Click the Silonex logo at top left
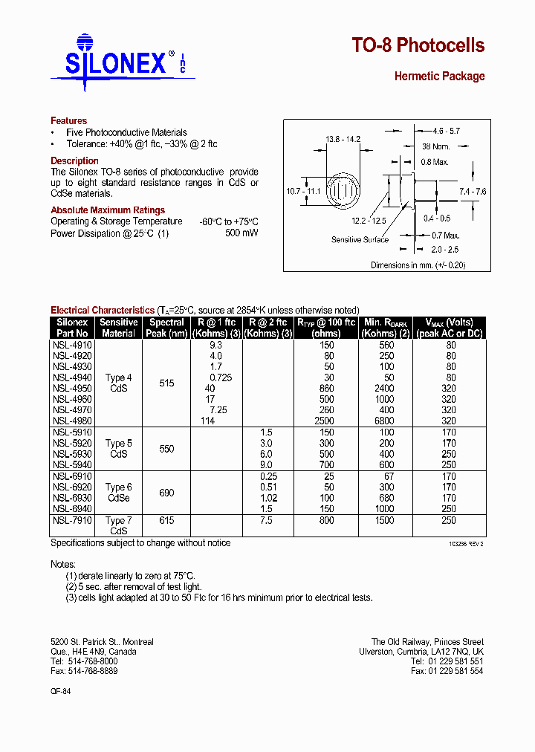[119, 62]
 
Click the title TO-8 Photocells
[418, 46]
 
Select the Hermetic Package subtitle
[439, 77]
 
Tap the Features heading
[68, 120]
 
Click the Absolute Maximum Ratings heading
[108, 210]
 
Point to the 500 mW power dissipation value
[241, 233]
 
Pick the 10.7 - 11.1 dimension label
[303, 192]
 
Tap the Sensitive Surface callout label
[360, 240]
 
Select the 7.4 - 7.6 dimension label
[472, 192]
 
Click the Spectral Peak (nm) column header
[166, 328]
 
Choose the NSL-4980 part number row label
[72, 421]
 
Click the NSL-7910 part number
[72, 521]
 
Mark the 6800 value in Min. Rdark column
[386, 421]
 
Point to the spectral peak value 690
[166, 493]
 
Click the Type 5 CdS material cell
[119, 449]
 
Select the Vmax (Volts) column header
[449, 328]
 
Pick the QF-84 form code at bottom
[60, 690]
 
